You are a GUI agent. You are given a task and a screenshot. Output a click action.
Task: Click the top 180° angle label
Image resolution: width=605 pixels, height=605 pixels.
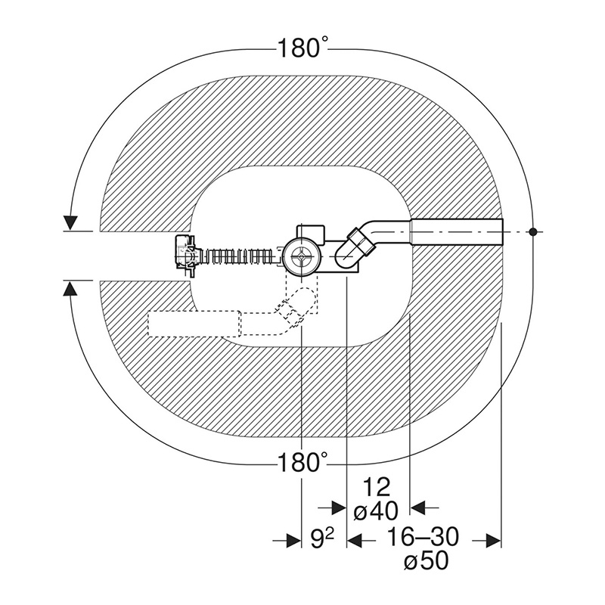[302, 49]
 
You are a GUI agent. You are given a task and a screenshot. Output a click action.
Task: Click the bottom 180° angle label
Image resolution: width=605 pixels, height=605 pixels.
[302, 462]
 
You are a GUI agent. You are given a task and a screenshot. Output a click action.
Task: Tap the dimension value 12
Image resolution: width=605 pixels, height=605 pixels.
[377, 488]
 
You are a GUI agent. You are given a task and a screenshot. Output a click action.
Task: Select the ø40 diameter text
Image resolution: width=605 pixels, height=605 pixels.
[376, 512]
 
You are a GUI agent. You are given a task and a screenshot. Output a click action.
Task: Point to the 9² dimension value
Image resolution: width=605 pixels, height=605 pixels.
[323, 539]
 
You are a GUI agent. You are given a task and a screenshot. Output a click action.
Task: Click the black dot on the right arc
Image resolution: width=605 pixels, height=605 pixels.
[533, 232]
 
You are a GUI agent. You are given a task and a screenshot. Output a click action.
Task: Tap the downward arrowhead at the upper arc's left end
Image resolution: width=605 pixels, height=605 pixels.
[70, 223]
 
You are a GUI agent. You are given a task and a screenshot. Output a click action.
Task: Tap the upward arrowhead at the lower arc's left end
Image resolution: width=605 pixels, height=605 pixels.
[70, 288]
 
